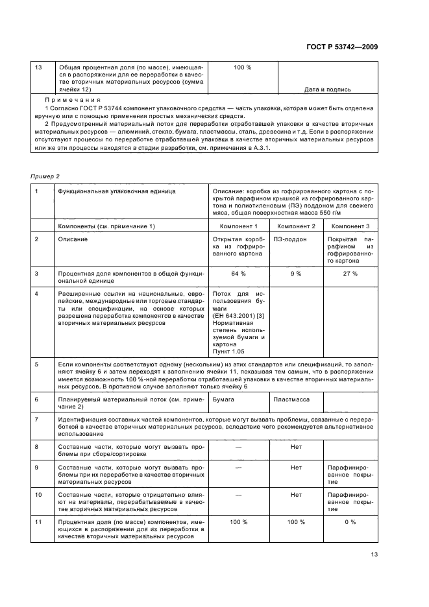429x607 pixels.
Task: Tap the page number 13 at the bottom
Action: click(374, 554)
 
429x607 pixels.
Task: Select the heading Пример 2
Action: click(43, 176)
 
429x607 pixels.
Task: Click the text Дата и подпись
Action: click(328, 89)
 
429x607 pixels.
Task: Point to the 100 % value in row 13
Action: click(242, 67)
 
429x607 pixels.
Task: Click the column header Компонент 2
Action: click(295, 226)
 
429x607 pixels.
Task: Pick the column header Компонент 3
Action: click(350, 226)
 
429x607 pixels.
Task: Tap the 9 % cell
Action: click(295, 274)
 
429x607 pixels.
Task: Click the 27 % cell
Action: click(350, 274)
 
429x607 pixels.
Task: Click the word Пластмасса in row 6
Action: click(290, 400)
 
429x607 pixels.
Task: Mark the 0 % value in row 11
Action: click(350, 522)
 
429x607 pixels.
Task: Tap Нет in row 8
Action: click(295, 447)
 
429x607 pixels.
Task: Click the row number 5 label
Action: click(37, 364)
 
